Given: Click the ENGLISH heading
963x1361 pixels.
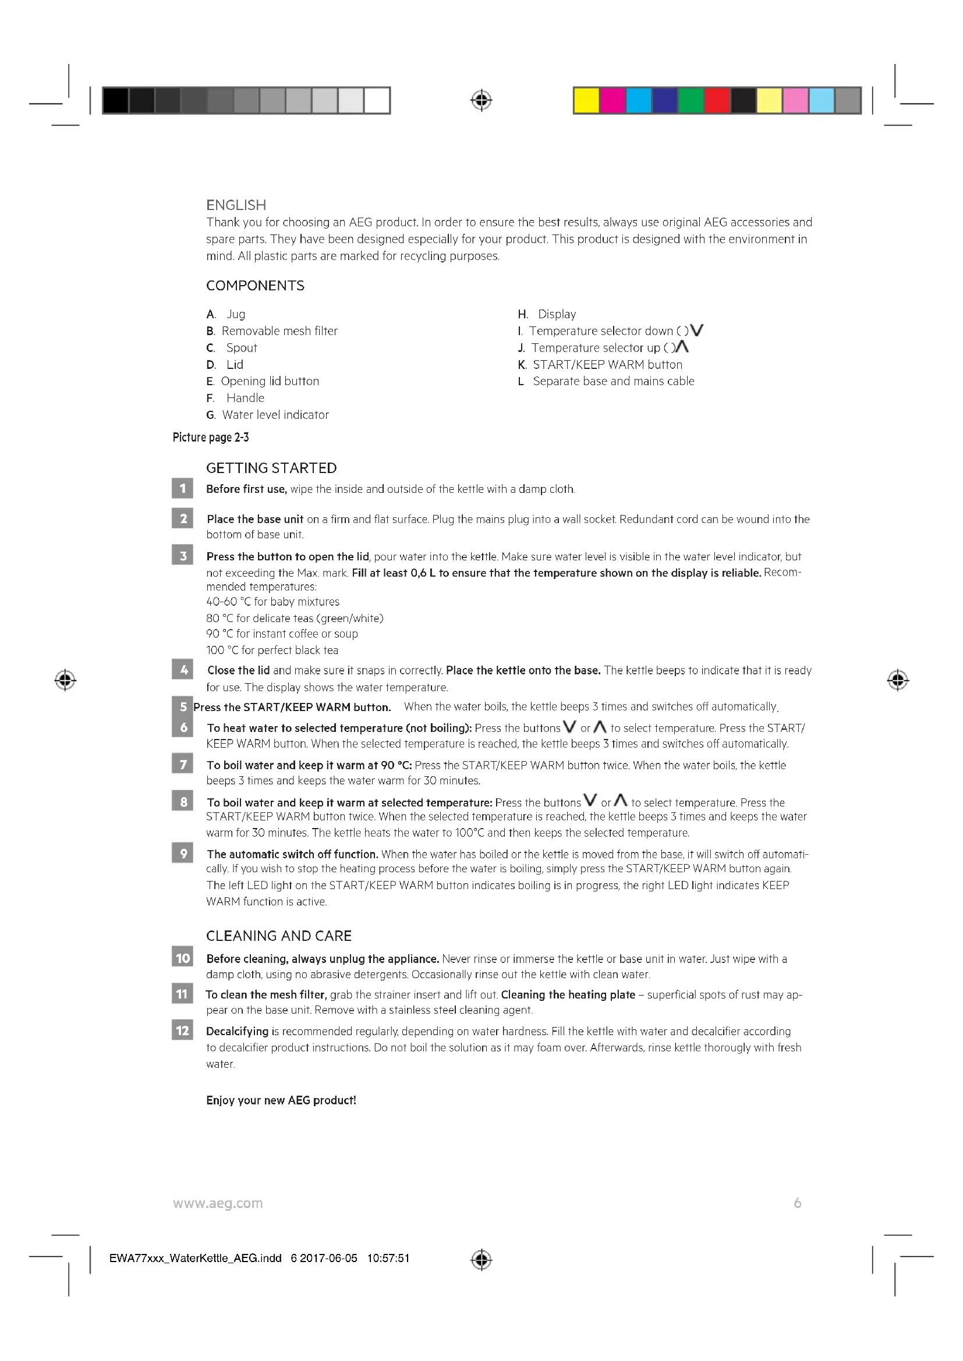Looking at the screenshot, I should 236,205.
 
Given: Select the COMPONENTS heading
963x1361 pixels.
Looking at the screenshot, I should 255,286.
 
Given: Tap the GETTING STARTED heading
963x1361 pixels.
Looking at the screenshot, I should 271,468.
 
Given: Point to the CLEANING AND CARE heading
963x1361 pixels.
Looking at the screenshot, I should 279,936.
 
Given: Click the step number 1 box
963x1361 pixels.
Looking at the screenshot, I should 183,488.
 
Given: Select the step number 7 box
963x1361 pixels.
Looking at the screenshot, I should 183,765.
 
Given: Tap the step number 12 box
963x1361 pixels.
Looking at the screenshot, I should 183,1030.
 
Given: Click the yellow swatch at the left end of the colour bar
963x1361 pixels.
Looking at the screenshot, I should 586,100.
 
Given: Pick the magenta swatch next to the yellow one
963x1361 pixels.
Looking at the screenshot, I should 613,100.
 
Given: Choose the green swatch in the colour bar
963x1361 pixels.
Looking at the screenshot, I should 691,100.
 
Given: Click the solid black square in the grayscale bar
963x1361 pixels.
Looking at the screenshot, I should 116,100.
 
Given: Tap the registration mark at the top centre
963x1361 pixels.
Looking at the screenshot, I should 481,100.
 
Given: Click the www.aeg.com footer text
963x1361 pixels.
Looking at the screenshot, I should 218,1203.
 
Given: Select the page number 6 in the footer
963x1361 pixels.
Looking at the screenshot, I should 798,1203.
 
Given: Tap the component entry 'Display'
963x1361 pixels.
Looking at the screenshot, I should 556,314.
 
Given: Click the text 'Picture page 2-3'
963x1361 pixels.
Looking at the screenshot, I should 211,438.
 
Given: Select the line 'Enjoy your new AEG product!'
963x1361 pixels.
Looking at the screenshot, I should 281,1100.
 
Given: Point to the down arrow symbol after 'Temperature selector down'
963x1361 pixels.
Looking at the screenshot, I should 698,330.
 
